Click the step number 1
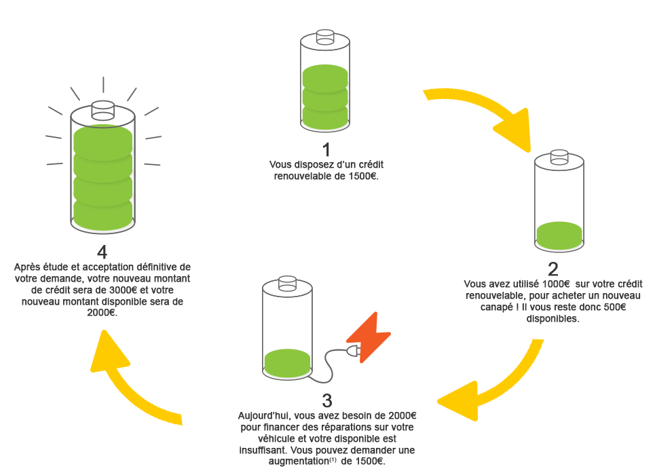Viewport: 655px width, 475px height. click(x=326, y=149)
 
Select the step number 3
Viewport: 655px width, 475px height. click(x=327, y=399)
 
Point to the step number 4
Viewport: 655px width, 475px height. click(x=102, y=252)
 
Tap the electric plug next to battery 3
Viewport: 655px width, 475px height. click(x=352, y=351)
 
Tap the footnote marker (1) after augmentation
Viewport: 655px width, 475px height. click(x=333, y=459)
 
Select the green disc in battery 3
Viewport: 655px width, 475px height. click(x=287, y=362)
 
